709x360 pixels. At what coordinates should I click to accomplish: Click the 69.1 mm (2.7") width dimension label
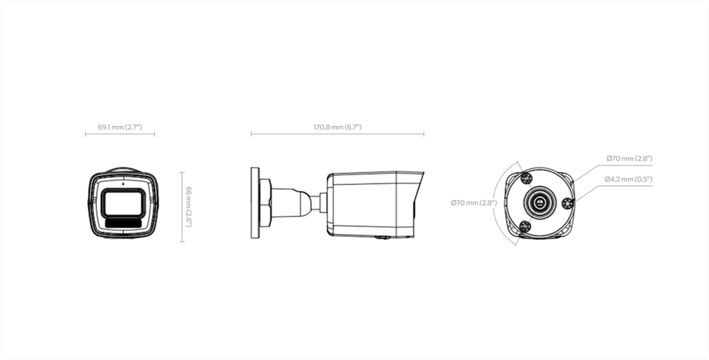pyautogui.click(x=120, y=127)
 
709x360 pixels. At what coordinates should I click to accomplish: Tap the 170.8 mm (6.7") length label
pyautogui.click(x=337, y=127)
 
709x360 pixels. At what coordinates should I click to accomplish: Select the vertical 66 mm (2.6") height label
pyautogui.click(x=189, y=207)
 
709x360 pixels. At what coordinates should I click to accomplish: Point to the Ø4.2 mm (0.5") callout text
pyautogui.click(x=629, y=179)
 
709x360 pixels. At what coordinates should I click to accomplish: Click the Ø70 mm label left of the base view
pyautogui.click(x=474, y=203)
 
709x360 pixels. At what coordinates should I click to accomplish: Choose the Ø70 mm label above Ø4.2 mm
pyautogui.click(x=629, y=159)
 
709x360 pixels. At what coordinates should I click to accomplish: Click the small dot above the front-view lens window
pyautogui.click(x=123, y=184)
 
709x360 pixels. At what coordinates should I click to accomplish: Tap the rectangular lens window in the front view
pyautogui.click(x=123, y=203)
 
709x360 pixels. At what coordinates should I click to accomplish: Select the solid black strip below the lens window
pyautogui.click(x=123, y=223)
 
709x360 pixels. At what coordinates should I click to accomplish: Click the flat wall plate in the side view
pyautogui.click(x=255, y=203)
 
